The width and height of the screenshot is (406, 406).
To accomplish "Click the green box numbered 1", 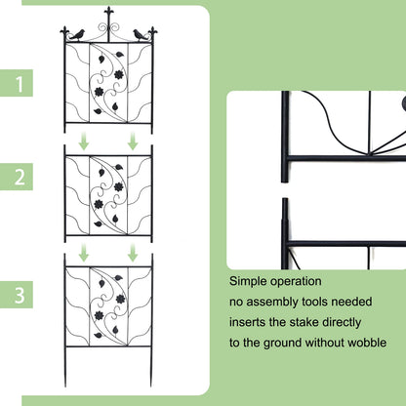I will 18,83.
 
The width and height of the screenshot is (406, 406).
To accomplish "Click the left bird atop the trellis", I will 75,34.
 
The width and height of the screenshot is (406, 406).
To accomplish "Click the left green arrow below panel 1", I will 84,142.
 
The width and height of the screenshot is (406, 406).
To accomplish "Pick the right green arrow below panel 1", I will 132,142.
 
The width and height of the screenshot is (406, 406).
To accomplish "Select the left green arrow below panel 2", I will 84,254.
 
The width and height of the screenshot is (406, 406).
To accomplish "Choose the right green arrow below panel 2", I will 132,254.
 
